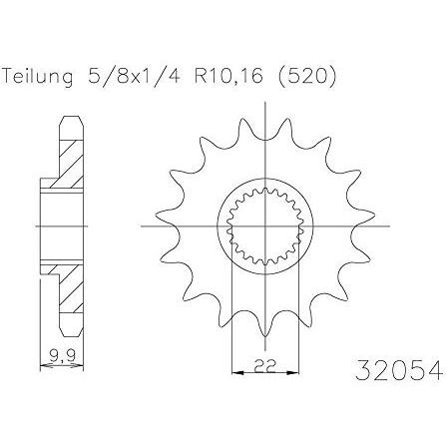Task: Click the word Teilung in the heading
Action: [37, 77]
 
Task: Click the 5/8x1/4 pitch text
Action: [134, 76]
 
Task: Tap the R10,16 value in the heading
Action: [228, 76]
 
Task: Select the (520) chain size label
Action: [307, 77]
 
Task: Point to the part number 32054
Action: [399, 370]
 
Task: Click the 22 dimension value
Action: [265, 366]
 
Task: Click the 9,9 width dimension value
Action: [62, 356]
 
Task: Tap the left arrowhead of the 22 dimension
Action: [236, 373]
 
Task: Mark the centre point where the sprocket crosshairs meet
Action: [265, 226]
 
